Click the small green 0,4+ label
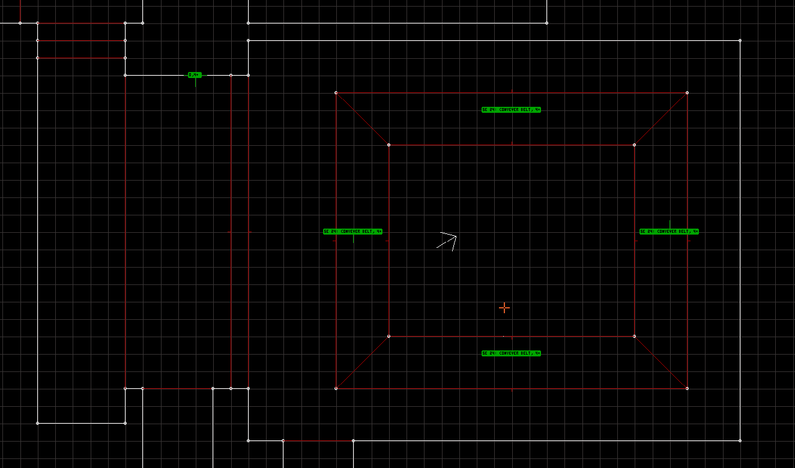point(194,75)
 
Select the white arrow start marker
point(447,240)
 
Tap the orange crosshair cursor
point(504,308)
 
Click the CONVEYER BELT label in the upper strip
point(511,110)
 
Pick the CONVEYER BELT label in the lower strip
point(511,353)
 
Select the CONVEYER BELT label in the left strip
point(352,232)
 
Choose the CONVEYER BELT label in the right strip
point(669,232)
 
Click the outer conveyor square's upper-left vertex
point(336,92)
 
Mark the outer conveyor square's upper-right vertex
point(687,92)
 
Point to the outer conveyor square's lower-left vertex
point(336,388)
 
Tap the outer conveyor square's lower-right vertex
point(687,388)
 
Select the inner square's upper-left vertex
point(388,145)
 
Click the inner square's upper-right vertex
point(634,145)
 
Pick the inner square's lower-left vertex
point(388,336)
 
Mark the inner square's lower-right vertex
point(634,336)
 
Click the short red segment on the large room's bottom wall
point(318,440)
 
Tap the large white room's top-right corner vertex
point(740,40)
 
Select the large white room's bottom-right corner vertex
point(740,440)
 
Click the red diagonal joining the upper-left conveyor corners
point(362,119)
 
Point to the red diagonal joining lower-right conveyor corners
point(660,362)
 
